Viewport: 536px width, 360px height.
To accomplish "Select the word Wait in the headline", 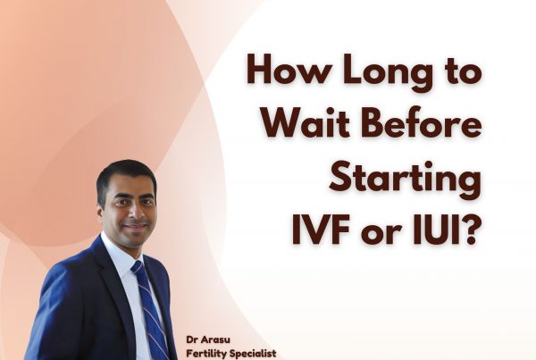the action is pos(306,124).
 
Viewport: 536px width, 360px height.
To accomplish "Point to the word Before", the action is pos(422,124).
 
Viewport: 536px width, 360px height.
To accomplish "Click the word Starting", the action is pos(405,180).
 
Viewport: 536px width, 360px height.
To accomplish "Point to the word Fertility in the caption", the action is pos(206,353).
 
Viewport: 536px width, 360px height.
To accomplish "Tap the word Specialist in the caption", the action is pos(253,353).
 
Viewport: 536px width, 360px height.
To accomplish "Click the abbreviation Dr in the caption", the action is pos(192,339).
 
